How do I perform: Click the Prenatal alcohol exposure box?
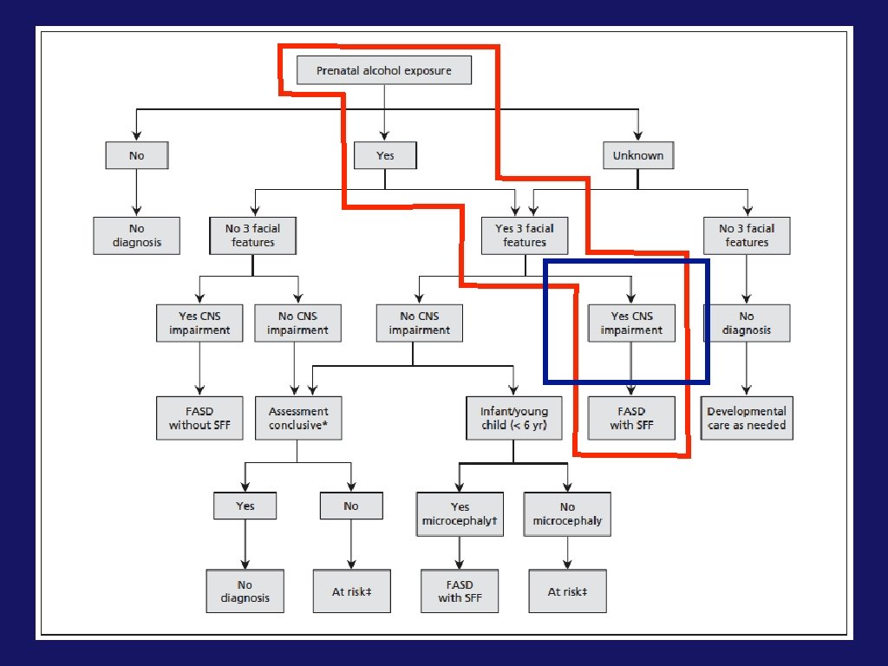384,70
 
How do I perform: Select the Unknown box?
638,155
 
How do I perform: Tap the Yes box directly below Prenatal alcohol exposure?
385,155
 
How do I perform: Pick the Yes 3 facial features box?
525,235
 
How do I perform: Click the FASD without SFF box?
200,418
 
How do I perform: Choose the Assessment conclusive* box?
298,418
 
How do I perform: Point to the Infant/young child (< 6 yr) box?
514,418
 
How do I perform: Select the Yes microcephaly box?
460,513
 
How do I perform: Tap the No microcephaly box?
567,513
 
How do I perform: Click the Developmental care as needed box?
747,418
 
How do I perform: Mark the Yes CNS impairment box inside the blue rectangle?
630,323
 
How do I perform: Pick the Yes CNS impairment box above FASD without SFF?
200,323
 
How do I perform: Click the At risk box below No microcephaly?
567,591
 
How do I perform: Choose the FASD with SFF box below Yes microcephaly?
460,591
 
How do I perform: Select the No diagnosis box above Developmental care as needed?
747,323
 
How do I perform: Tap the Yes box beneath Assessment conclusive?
245,506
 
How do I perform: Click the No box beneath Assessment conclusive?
351,506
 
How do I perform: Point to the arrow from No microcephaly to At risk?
567,552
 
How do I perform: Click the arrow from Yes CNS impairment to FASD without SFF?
200,369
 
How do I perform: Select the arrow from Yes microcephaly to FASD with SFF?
460,552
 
